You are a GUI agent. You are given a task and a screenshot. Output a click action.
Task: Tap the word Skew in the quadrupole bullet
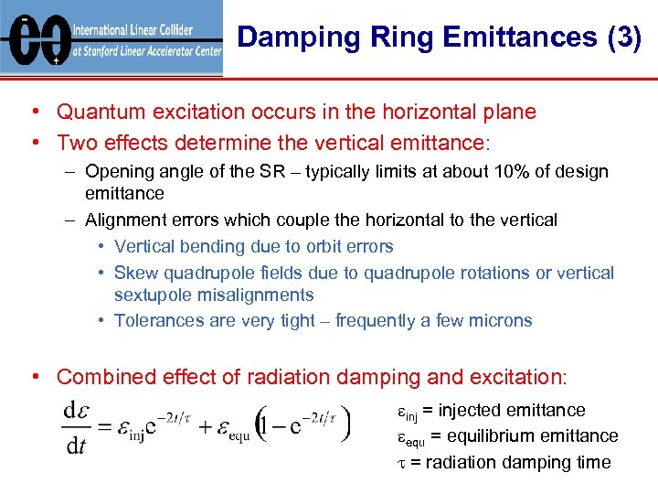133,273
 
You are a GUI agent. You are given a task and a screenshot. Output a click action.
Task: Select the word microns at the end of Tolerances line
500,320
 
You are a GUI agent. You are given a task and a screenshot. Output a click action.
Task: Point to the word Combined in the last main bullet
99,376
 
